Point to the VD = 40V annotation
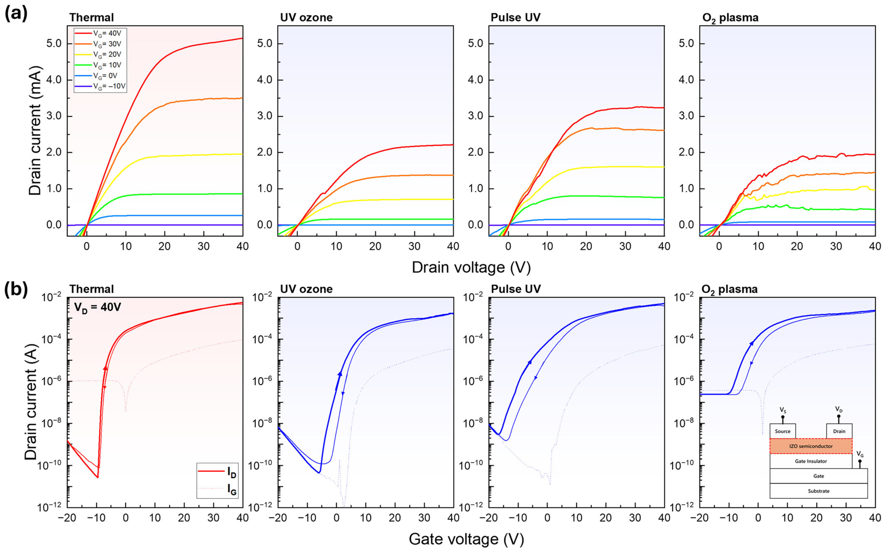[97, 307]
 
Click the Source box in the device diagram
[783, 431]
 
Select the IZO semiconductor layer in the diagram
[811, 446]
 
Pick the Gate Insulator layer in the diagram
[811, 461]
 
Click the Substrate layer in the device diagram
[819, 491]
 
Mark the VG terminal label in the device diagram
[860, 455]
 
